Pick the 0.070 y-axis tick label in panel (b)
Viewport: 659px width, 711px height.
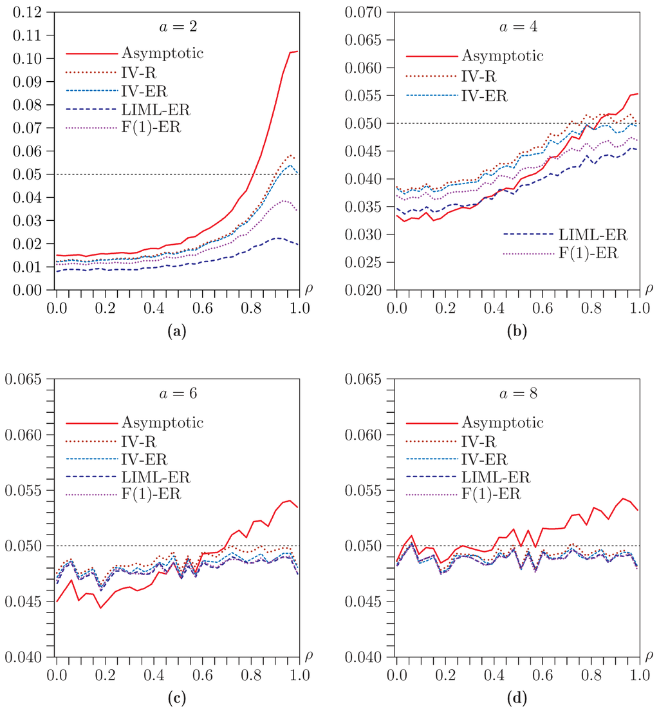[x=362, y=12]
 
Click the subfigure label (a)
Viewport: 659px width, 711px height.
[x=176, y=332]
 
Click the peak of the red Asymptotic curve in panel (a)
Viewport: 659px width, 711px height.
[x=297, y=51]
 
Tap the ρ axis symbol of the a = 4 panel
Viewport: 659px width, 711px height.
[x=648, y=289]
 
